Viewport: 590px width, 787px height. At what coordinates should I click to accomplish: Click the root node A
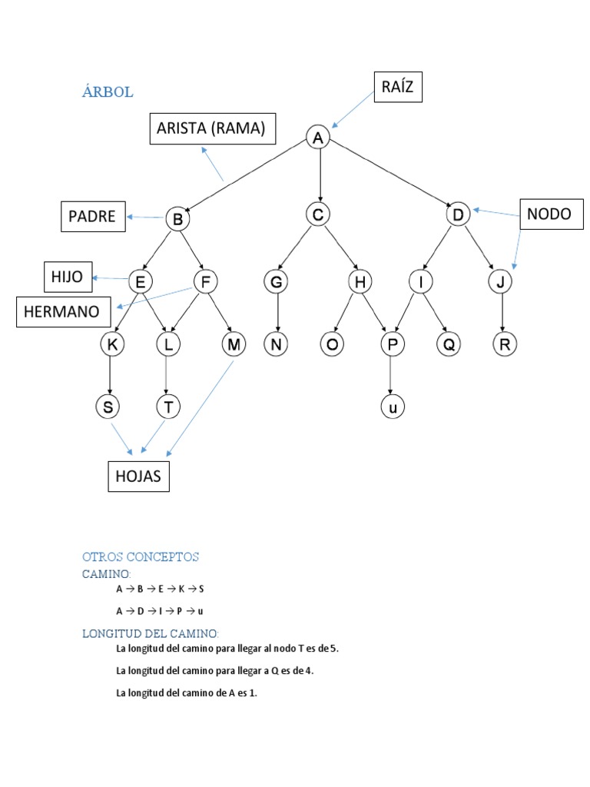pyautogui.click(x=318, y=138)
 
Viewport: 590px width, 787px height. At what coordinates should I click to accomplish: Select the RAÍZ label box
pyautogui.click(x=397, y=87)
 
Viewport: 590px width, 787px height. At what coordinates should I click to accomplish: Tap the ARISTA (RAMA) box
pyautogui.click(x=212, y=129)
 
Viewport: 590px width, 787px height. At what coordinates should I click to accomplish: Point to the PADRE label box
pyautogui.click(x=92, y=216)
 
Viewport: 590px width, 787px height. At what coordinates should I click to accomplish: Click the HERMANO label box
pyautogui.click(x=62, y=312)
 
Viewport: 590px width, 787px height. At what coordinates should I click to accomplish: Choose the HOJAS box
pyautogui.click(x=138, y=477)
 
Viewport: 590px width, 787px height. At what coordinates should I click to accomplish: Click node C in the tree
pyautogui.click(x=317, y=214)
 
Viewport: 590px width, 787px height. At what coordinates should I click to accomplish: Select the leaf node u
pyautogui.click(x=392, y=407)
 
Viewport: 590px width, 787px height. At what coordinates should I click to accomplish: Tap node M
pyautogui.click(x=234, y=345)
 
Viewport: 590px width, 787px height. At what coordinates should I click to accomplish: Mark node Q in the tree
pyautogui.click(x=448, y=345)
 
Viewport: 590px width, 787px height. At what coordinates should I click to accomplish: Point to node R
pyautogui.click(x=504, y=345)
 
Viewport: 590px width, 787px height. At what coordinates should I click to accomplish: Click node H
pyautogui.click(x=359, y=282)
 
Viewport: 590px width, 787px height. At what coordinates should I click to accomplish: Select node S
pyautogui.click(x=108, y=407)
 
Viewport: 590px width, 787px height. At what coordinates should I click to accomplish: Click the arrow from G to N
pyautogui.click(x=277, y=313)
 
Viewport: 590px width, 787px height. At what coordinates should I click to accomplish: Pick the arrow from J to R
pyautogui.click(x=502, y=313)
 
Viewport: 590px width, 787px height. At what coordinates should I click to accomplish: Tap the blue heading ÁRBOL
pyautogui.click(x=108, y=92)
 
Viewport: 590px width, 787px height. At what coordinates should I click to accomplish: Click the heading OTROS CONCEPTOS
pyautogui.click(x=141, y=556)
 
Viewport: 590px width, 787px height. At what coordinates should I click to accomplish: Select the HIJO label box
pyautogui.click(x=67, y=277)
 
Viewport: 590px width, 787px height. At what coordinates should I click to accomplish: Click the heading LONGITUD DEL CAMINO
pyautogui.click(x=151, y=633)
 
